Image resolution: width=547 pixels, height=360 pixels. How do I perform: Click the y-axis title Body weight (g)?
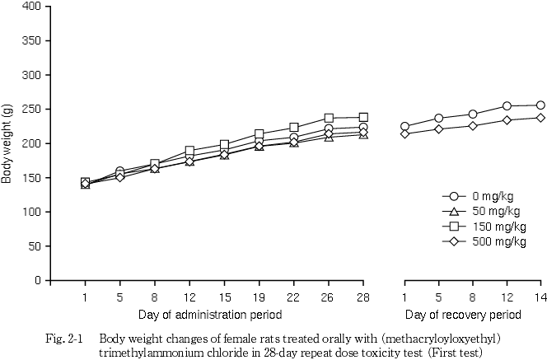[x=7, y=143]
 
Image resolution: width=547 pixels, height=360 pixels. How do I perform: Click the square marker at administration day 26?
[x=329, y=118]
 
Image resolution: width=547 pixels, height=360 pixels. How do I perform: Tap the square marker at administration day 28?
[x=363, y=117]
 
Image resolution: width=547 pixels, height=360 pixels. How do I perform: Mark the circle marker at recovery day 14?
[x=540, y=105]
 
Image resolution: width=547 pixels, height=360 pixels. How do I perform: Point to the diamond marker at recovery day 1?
[x=404, y=133]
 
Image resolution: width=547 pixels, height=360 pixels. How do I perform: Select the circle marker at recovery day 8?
[x=473, y=114]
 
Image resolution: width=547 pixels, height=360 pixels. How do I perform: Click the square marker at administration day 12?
[x=190, y=151]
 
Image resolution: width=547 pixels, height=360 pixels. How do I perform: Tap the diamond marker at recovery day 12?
[x=507, y=119]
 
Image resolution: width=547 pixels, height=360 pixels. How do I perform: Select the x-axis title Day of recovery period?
[x=463, y=315]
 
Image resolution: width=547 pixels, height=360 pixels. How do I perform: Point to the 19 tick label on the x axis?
[x=259, y=297]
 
